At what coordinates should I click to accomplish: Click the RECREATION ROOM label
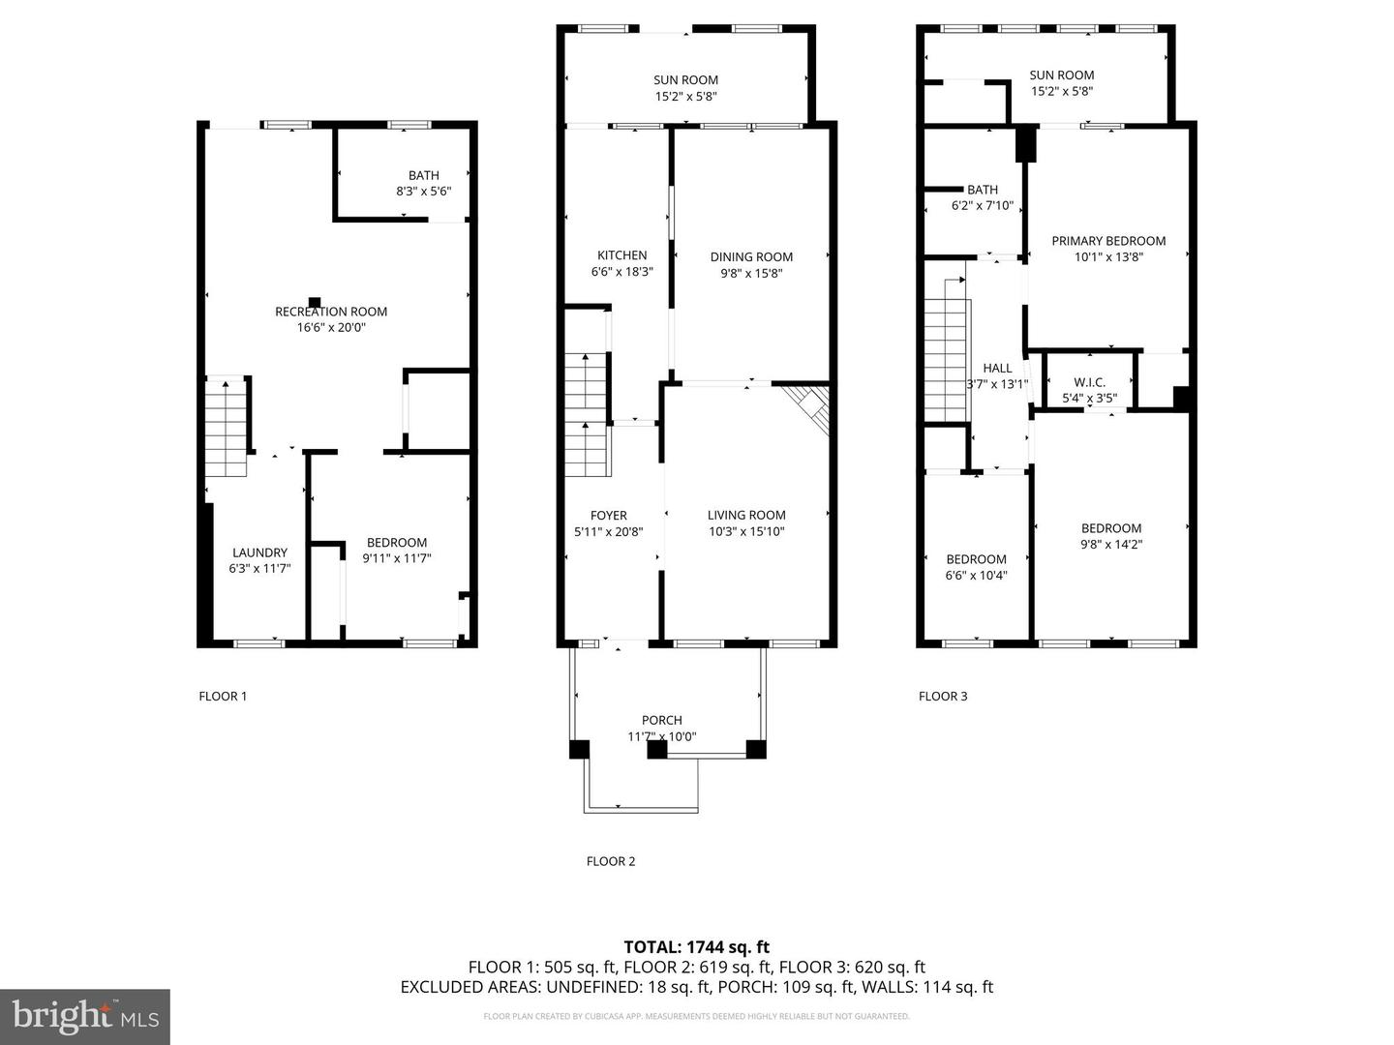coord(331,312)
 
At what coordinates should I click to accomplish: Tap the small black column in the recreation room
coord(315,302)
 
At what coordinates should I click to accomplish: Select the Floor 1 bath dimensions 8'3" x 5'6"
coord(423,192)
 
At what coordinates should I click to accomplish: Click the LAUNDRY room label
coord(259,552)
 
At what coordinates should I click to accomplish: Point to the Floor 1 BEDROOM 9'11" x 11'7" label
coord(397,543)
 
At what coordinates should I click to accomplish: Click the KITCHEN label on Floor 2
coord(621,255)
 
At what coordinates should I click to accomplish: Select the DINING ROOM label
coord(751,256)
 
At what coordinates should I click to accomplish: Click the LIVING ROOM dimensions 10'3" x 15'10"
coord(746,531)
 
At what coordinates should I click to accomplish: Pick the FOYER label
coord(608,516)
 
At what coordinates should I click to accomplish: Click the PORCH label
coord(661,720)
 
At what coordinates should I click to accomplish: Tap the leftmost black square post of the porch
coord(579,749)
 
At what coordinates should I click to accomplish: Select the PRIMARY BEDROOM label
coord(1108,241)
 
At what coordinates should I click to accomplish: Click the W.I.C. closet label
coord(1089,382)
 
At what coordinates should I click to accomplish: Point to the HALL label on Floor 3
coord(997,368)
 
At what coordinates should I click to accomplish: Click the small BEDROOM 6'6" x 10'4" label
coord(976,559)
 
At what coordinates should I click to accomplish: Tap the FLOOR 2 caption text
coord(611,861)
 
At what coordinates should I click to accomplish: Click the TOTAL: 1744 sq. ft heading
coord(696,947)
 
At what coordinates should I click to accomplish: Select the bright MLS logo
coord(85,1016)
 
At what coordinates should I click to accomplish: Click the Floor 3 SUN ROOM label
coord(1061,75)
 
